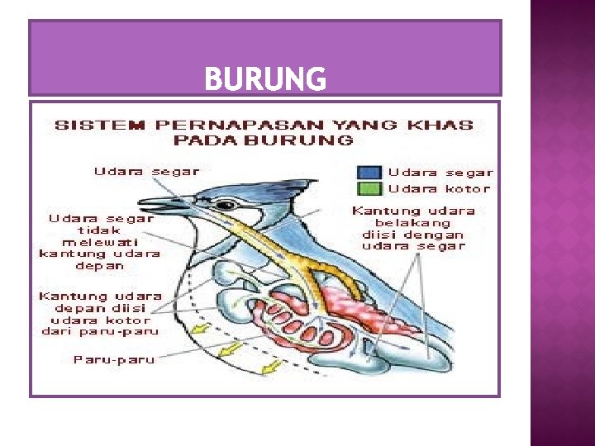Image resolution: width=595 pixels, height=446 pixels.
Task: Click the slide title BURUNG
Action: (x=265, y=79)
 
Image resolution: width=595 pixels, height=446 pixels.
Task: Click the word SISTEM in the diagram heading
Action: (x=85, y=126)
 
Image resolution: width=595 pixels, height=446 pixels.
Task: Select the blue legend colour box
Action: (x=369, y=173)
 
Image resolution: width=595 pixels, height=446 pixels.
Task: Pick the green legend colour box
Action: (x=369, y=188)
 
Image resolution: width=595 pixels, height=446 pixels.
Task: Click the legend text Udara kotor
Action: (x=439, y=188)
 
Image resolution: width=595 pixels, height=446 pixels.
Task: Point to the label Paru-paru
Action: (x=114, y=359)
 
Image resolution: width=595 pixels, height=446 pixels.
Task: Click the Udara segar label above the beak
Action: (x=146, y=171)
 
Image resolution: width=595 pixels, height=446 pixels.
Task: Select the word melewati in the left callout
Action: (x=100, y=242)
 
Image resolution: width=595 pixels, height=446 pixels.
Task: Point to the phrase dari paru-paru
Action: (x=100, y=331)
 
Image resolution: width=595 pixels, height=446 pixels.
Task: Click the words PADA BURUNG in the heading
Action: (x=264, y=140)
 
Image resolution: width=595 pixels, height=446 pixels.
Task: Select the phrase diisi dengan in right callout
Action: (x=413, y=235)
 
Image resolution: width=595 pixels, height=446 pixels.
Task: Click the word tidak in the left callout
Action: (x=100, y=230)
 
